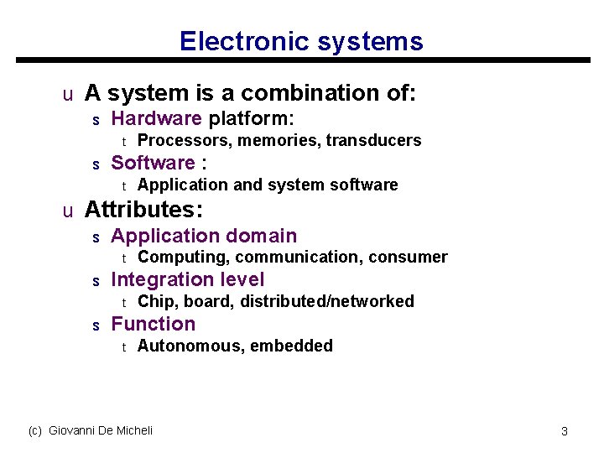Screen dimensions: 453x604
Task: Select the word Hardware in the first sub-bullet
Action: (x=156, y=118)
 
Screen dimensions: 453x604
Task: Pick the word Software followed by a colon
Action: (x=153, y=163)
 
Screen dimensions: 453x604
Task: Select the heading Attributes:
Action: (x=145, y=208)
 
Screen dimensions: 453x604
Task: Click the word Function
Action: (x=153, y=324)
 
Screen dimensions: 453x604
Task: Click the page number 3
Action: (x=565, y=431)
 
